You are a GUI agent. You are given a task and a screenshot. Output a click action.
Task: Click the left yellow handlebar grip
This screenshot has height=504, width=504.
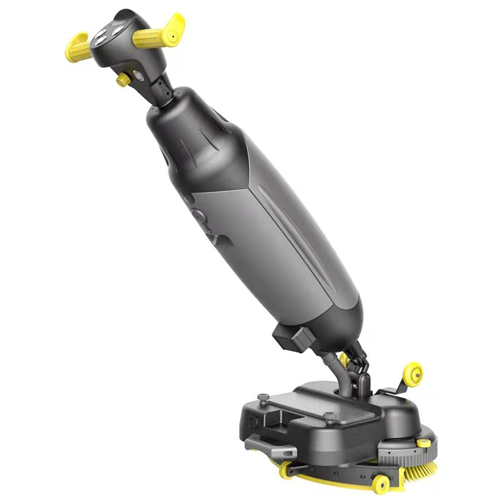[77, 47]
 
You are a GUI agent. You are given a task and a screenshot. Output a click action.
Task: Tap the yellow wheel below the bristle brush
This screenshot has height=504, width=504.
[381, 484]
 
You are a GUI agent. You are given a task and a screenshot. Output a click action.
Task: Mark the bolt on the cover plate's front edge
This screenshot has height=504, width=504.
[328, 416]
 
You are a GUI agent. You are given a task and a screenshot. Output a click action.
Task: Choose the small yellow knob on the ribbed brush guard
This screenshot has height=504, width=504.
[426, 444]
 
